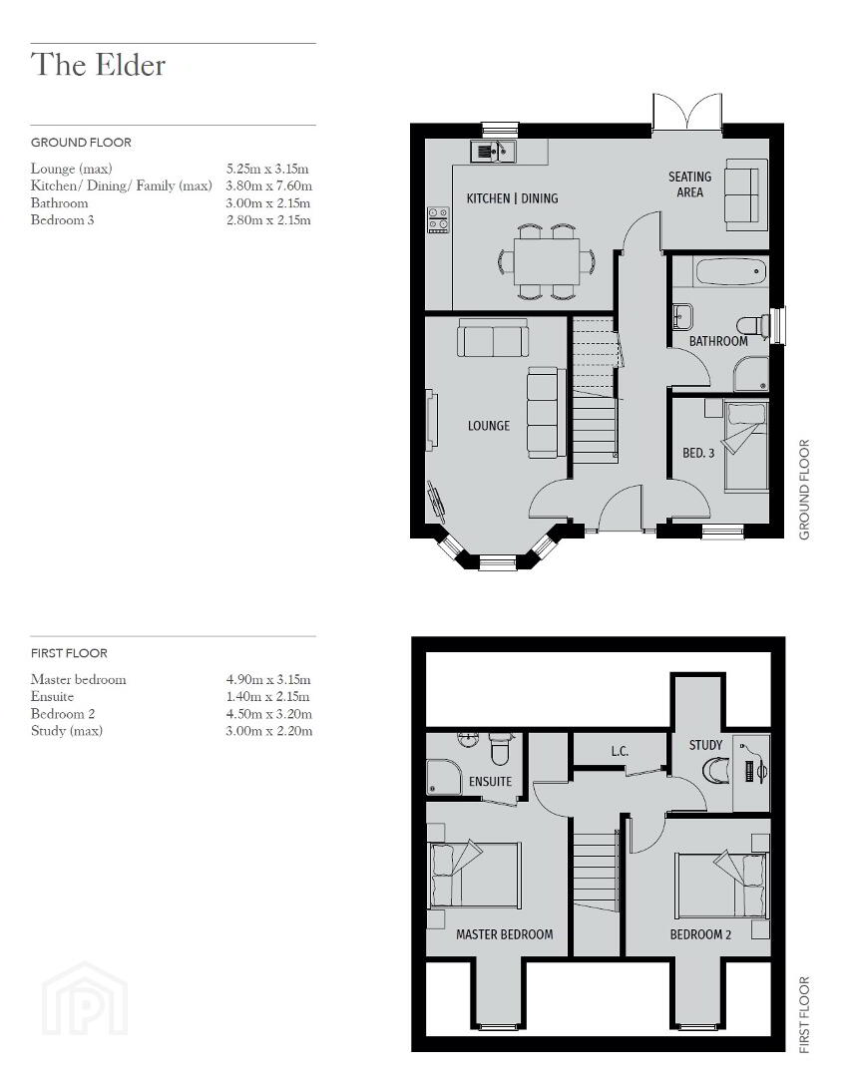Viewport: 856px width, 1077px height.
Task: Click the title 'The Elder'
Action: pos(98,65)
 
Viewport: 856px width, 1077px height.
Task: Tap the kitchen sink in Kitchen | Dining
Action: pos(493,152)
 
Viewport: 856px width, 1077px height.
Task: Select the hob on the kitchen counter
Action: pos(438,220)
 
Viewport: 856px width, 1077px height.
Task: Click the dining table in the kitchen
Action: pos(546,261)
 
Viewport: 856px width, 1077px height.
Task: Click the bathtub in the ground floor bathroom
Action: pos(731,272)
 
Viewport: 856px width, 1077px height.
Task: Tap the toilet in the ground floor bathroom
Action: pos(753,325)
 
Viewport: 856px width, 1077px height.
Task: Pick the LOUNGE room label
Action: pos(489,426)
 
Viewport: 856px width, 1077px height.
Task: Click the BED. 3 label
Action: pos(698,454)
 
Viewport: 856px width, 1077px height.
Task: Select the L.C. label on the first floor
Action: pos(620,752)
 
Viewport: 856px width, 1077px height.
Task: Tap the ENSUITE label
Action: pos(490,782)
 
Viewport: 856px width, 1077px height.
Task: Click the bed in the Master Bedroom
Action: pos(474,876)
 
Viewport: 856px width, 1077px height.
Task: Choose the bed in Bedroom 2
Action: pos(721,885)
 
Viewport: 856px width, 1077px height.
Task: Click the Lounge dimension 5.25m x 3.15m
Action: pos(267,169)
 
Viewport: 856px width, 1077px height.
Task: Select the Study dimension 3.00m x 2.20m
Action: pos(268,731)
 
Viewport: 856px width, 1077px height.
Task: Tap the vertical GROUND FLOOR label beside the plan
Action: pos(804,490)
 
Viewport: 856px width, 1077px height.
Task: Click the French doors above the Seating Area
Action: pos(687,112)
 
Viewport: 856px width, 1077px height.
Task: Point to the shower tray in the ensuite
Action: pos(444,777)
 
